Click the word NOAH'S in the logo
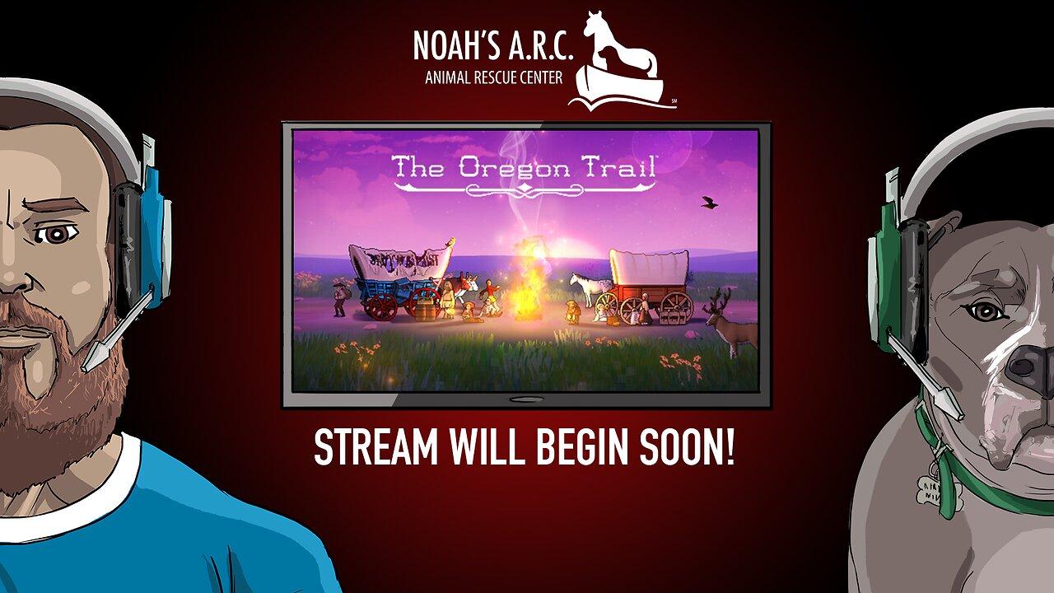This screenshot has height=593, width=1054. pyautogui.click(x=454, y=49)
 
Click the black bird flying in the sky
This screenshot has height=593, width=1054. pyautogui.click(x=708, y=202)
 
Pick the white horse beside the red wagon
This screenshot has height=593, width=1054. pyautogui.click(x=591, y=287)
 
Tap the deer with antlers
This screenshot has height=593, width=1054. pyautogui.click(x=731, y=320)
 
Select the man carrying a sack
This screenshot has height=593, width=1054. pyautogui.click(x=339, y=296)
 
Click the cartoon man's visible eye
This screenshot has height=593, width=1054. pyautogui.click(x=56, y=235)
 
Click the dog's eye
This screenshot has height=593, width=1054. pyautogui.click(x=986, y=311)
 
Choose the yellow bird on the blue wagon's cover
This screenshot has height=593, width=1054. pyautogui.click(x=449, y=242)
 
